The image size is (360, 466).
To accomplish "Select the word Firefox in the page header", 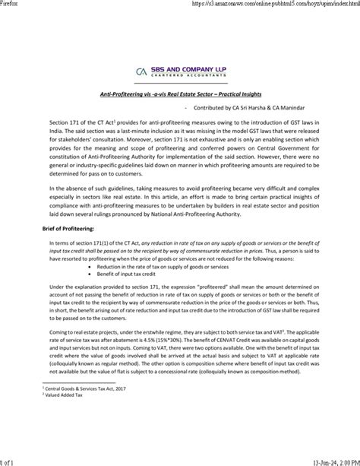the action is pyautogui.click(x=11, y=4).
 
